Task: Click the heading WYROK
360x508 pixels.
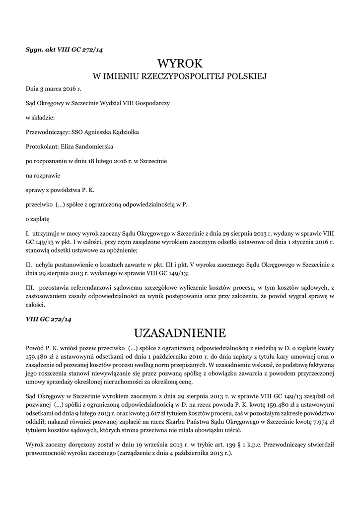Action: [180, 63]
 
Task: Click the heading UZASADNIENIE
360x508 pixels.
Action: [180, 331]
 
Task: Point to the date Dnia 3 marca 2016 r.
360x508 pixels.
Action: [53, 88]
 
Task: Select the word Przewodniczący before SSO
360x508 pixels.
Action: [47, 132]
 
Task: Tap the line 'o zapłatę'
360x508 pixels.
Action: [38, 218]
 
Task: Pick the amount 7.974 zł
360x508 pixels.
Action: [319, 421]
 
